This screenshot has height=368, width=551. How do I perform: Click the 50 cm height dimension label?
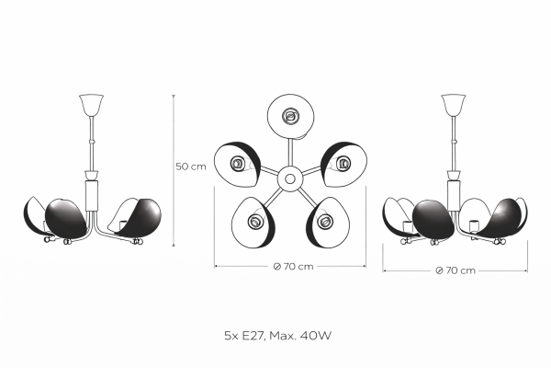[191, 167]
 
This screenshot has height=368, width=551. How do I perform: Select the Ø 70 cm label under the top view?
[293, 267]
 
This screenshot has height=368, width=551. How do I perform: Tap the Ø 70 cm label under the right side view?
[455, 270]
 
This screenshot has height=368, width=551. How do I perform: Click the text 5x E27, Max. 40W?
[277, 336]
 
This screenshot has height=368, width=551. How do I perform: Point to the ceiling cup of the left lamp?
[91, 105]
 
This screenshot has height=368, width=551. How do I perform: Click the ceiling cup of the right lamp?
[454, 105]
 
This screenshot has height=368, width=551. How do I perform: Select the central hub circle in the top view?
[290, 178]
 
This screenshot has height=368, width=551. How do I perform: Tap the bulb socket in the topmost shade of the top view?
[291, 116]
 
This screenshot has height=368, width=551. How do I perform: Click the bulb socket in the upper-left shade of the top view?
[237, 163]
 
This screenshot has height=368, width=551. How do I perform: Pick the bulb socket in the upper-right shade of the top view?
[343, 163]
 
